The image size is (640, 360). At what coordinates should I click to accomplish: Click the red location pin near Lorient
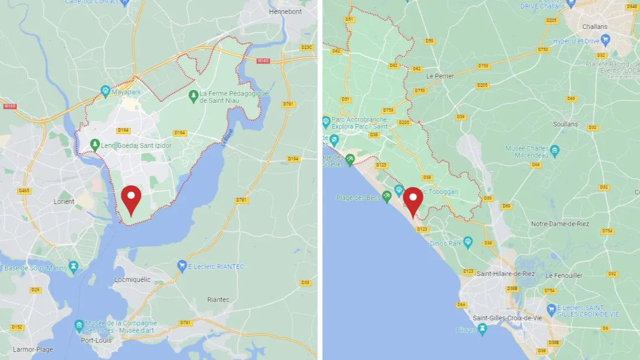(131, 199)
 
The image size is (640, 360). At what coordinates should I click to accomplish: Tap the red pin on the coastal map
(413, 201)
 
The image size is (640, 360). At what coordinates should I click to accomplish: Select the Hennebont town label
(285, 12)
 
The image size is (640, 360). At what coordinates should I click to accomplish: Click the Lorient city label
(64, 202)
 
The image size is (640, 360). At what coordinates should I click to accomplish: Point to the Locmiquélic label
(133, 280)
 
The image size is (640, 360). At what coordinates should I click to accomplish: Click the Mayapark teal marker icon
(105, 91)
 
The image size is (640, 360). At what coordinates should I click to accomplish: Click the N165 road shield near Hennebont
(264, 60)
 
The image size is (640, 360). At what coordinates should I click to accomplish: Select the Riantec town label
(218, 300)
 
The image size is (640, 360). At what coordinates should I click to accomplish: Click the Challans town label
(594, 27)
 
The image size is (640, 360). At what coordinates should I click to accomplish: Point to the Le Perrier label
(440, 76)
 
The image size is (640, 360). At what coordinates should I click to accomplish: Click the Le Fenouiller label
(564, 276)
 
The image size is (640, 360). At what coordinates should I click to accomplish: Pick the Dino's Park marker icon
(468, 242)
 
